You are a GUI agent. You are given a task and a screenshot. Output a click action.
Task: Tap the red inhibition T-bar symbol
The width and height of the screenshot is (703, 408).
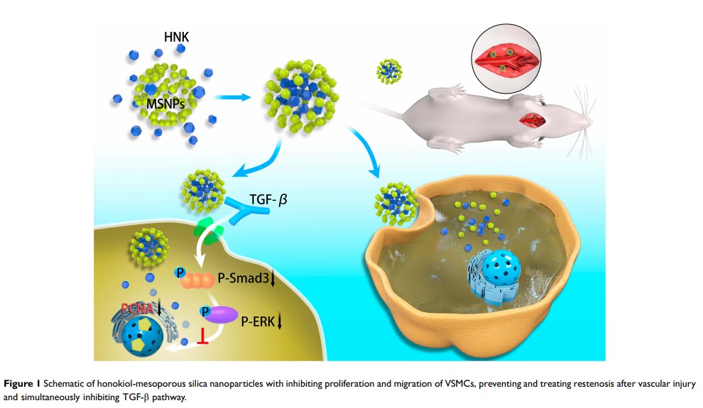point(205,343)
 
